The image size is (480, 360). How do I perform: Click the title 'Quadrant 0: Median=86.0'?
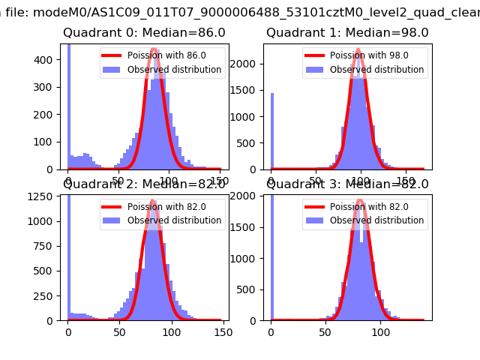(x=143, y=33)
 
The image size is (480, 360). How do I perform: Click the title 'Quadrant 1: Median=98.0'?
(x=347, y=33)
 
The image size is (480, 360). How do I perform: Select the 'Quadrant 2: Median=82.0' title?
(x=143, y=184)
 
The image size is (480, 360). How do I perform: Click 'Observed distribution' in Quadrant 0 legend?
(x=174, y=70)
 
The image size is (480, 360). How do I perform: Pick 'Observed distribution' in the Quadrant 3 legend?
(x=376, y=220)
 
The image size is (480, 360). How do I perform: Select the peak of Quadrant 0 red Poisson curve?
(x=154, y=49)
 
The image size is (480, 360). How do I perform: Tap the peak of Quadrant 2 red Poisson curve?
(x=152, y=201)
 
